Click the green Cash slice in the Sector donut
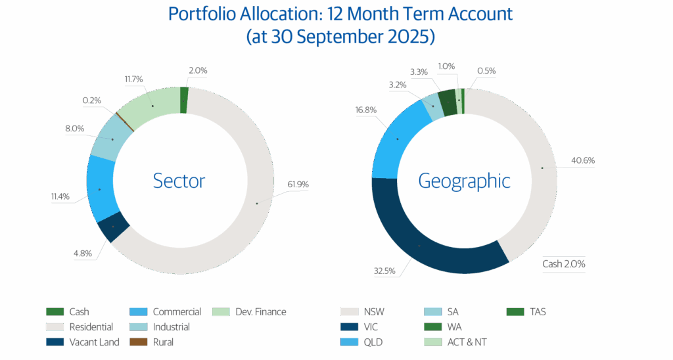184,99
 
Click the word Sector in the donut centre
179,180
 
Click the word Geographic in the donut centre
465,180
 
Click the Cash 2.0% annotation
563,264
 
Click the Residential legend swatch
54,326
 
